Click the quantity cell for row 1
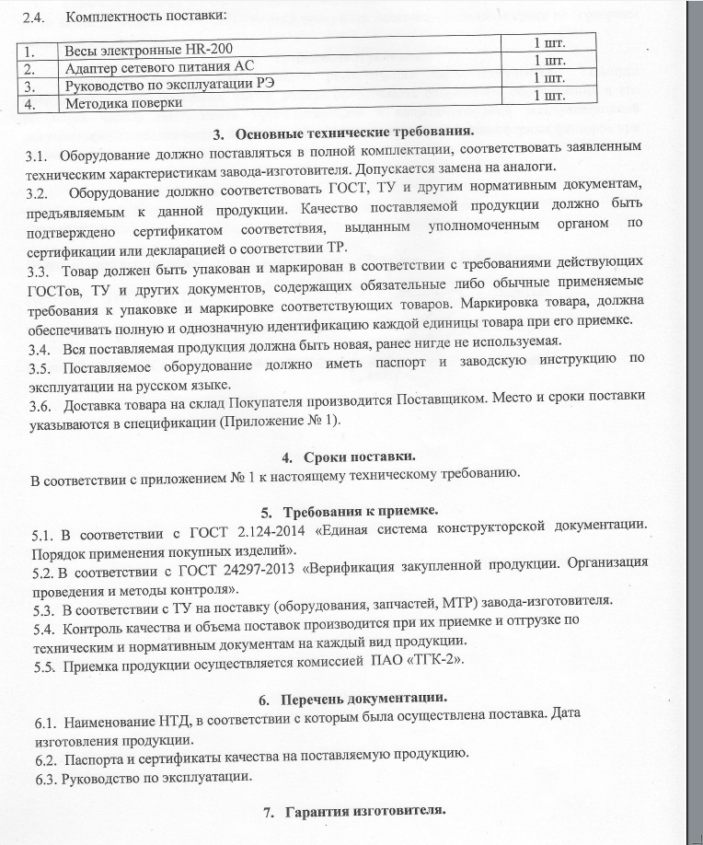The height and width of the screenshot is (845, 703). [x=548, y=44]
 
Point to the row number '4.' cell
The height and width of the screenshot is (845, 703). [x=36, y=104]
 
